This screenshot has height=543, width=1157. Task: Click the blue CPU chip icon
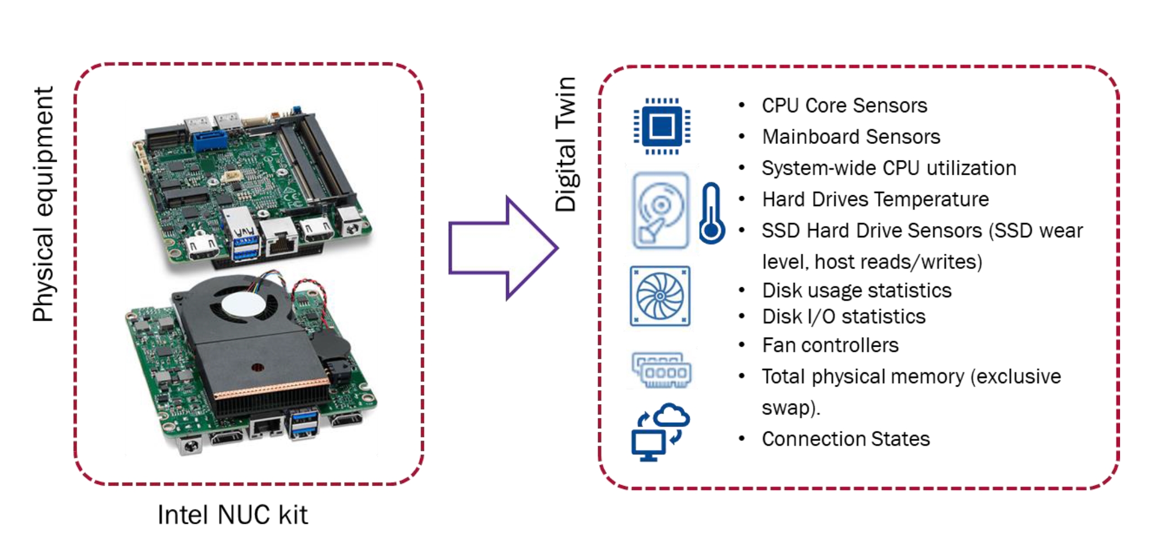click(661, 127)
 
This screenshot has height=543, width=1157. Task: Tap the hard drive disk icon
click(660, 211)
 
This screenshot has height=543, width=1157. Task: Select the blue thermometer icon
click(712, 214)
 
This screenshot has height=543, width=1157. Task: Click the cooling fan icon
click(660, 296)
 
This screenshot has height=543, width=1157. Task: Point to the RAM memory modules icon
click(661, 370)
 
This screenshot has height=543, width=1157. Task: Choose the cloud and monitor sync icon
click(660, 432)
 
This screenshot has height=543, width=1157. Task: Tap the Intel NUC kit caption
click(232, 515)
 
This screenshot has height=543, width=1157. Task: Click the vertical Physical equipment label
click(43, 204)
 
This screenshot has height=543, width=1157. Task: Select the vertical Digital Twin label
click(566, 144)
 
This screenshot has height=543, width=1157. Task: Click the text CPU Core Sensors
click(844, 105)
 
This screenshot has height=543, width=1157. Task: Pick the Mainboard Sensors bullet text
click(851, 137)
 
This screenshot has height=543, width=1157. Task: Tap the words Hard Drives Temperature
click(875, 199)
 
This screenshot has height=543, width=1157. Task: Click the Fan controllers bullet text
click(830, 345)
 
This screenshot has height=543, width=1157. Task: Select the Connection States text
click(845, 439)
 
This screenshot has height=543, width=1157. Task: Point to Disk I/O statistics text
click(843, 316)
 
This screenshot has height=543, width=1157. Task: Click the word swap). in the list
click(790, 408)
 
